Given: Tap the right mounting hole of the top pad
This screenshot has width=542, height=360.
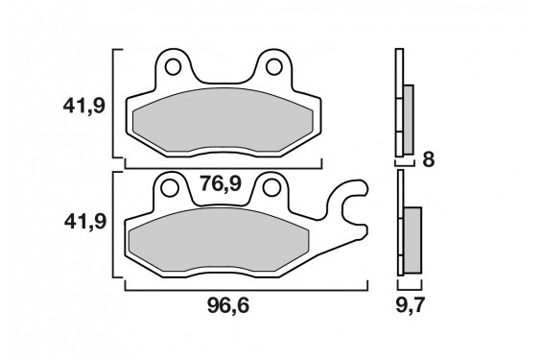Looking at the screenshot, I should coord(274,67).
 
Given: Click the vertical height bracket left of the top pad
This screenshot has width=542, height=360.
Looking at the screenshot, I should coord(115,104).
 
